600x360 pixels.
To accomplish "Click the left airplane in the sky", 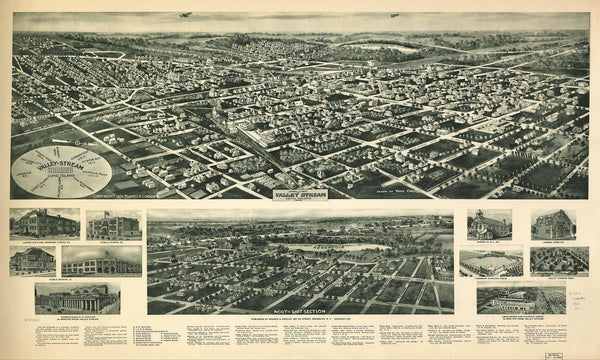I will click(x=186, y=15).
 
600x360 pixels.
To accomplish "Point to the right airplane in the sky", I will click(x=395, y=15).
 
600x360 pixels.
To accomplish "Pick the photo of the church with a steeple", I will click(x=489, y=224).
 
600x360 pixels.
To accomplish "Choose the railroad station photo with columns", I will click(x=77, y=296).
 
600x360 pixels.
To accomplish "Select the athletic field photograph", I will click(x=490, y=262).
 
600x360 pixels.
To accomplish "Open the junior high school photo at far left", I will click(x=44, y=223).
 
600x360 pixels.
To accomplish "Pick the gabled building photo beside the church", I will click(x=552, y=224).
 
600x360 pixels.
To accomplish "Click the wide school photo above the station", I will click(x=101, y=261).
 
